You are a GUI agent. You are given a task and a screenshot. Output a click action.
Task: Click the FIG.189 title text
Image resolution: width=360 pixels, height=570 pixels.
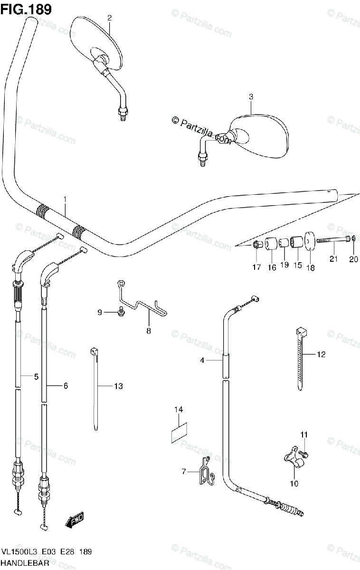26,9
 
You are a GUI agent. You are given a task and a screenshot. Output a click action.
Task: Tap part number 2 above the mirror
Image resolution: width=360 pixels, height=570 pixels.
109,18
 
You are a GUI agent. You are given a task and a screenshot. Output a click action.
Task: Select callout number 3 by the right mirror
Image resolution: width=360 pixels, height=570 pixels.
251,97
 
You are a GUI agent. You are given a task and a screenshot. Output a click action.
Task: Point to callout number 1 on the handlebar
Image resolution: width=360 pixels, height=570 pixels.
66,199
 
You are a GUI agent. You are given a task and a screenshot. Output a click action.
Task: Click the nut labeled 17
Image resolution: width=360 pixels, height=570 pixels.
256,245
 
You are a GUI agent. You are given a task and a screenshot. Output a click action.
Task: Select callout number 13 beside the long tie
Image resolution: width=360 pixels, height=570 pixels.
118,386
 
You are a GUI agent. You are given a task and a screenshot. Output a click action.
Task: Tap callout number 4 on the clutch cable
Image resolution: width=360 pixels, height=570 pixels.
202,361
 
